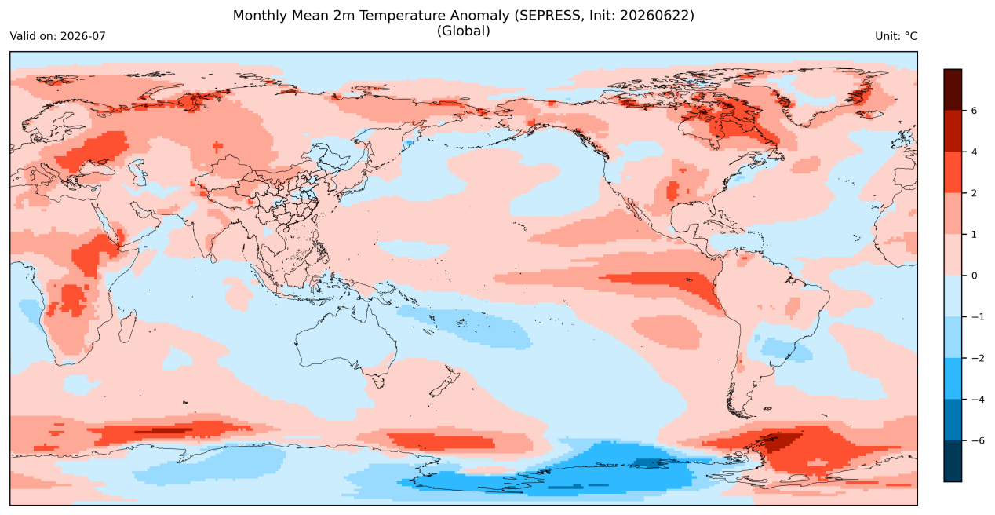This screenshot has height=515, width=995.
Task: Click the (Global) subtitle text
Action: [463, 31]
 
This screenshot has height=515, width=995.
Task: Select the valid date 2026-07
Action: [83, 36]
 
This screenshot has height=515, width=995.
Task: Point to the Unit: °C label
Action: [896, 36]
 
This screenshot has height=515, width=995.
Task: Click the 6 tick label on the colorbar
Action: [974, 111]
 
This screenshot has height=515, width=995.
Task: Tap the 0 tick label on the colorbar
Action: [974, 276]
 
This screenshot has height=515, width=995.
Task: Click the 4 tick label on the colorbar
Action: [974, 152]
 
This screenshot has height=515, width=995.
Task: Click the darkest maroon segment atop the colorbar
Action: [953, 89]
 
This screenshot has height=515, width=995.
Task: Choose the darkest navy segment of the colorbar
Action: [953, 461]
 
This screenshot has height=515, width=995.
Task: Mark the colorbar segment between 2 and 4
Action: [953, 173]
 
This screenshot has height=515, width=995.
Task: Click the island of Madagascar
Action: [127, 327]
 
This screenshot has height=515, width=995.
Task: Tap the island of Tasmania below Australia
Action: [379, 382]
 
